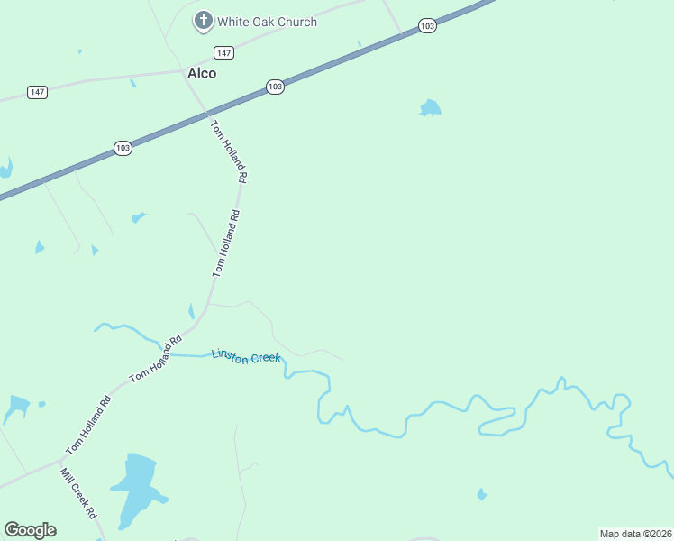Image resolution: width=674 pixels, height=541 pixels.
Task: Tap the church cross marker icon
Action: pos(204,20)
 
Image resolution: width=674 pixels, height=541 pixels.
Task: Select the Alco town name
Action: pos(202,73)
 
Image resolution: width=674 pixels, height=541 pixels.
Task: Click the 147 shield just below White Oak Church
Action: pos(224,53)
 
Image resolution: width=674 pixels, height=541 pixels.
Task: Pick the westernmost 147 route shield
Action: pos(37,93)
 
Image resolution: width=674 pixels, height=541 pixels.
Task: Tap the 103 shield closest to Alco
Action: pos(275,87)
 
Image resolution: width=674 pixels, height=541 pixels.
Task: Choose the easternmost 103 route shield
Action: pos(427,27)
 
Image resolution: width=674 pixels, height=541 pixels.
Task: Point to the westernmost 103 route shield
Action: pos(123,147)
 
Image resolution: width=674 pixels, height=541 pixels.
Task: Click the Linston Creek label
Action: pos(246,356)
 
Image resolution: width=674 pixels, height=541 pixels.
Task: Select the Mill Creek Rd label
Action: pos(78,493)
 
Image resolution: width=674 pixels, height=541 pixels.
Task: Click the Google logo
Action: pos(30,530)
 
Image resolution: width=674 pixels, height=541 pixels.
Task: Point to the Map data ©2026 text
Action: pos(636,533)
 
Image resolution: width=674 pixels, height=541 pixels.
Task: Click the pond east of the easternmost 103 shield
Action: pos(431,108)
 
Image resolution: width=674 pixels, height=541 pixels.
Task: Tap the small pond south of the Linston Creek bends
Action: pos(482,494)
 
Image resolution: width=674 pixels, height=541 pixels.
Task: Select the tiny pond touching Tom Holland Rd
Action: pos(191,311)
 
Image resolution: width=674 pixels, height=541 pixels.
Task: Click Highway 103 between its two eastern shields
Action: pos(351,57)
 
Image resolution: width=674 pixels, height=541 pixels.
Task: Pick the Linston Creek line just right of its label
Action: pos(302,371)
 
